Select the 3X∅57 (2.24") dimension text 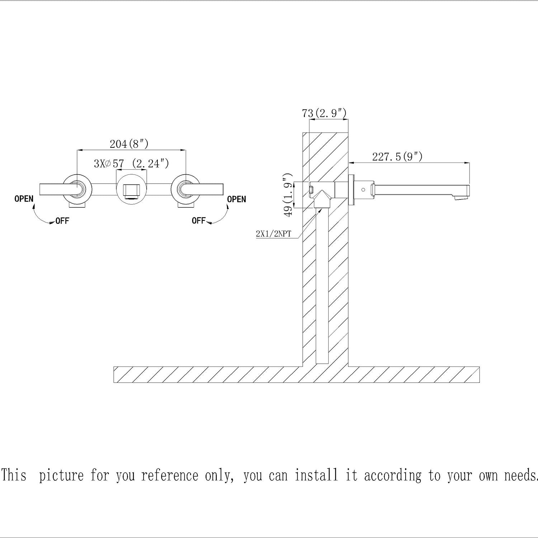pos(131,164)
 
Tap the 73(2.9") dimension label pos(324,113)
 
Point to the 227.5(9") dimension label pos(397,157)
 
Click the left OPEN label pos(24,199)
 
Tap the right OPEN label pos(237,199)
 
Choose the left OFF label pos(62,221)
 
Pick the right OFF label pos(198,220)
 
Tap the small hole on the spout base pos(364,189)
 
